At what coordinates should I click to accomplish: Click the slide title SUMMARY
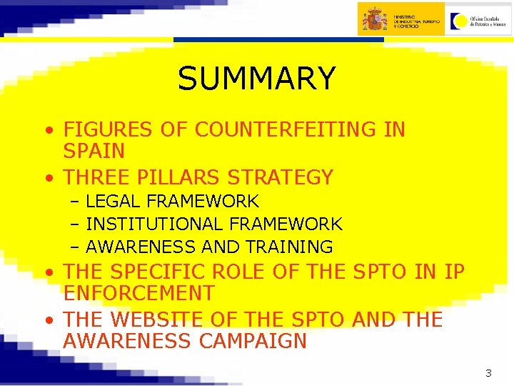[x=256, y=79]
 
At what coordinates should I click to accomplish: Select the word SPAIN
[x=94, y=152]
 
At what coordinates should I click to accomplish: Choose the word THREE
[x=96, y=177]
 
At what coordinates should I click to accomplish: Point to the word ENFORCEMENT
[x=138, y=294]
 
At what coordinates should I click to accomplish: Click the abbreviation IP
[x=454, y=272]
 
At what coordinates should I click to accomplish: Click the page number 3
[x=488, y=372]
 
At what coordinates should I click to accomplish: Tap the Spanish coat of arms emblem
[x=375, y=19]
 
